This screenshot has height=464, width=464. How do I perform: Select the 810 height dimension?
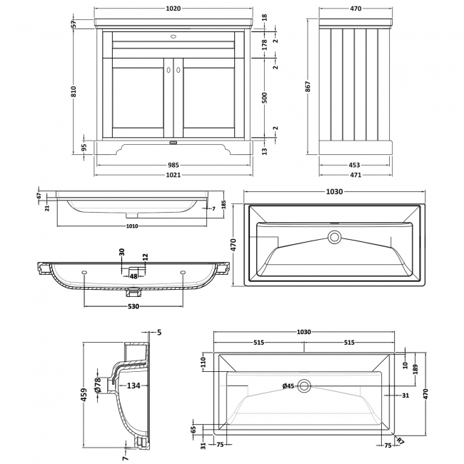(x=73, y=93)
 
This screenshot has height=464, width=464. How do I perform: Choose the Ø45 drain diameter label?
(x=289, y=386)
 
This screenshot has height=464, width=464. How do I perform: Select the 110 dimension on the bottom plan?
(x=203, y=363)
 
